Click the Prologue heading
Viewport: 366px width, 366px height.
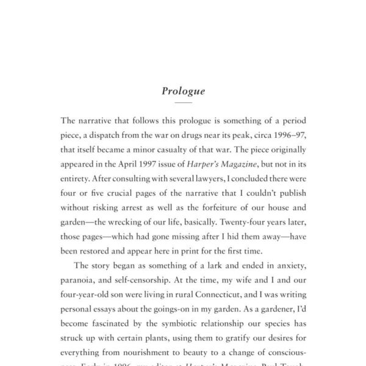point(183,91)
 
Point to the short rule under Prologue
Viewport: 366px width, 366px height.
point(183,103)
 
